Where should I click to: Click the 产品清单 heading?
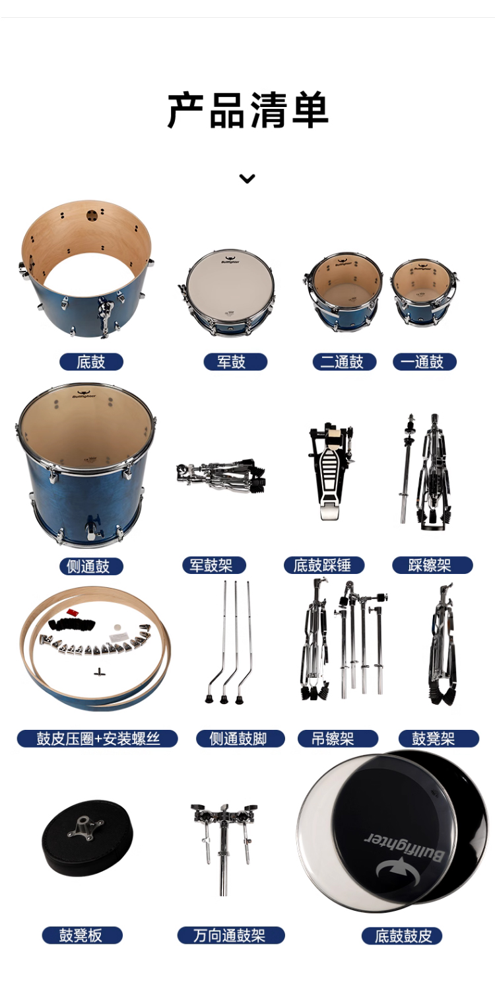tap(247, 110)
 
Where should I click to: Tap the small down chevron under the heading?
tap(247, 178)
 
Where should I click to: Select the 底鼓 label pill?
tap(91, 362)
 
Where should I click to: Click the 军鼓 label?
tap(236, 362)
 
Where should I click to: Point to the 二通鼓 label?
tap(345, 362)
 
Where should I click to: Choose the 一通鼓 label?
tap(424, 362)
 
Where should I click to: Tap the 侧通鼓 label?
tap(91, 566)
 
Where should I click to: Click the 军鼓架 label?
tap(214, 565)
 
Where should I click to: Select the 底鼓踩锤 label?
tap(324, 565)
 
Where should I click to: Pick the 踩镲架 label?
tap(432, 565)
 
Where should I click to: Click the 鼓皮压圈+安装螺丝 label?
tap(98, 738)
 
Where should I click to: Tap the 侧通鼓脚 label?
tap(240, 738)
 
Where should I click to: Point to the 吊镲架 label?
tap(338, 738)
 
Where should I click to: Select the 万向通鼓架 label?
tap(231, 935)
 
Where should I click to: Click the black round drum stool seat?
tap(87, 838)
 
